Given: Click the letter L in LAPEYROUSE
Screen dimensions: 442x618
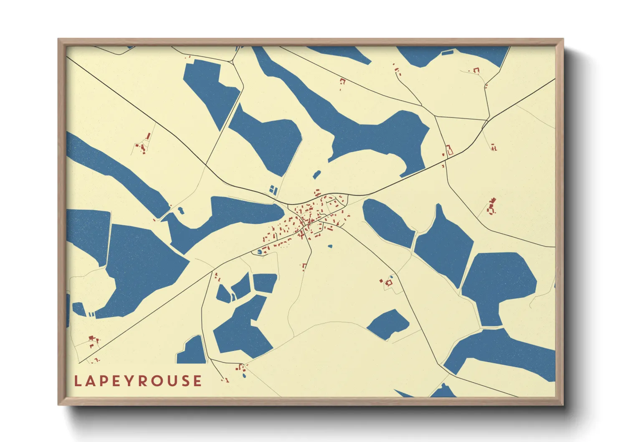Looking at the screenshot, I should [78, 381].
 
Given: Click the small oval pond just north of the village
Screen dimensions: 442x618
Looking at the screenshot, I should [317, 174].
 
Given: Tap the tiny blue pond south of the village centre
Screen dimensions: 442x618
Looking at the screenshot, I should [330, 246].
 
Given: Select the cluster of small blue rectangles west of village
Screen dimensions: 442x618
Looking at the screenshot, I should [273, 190].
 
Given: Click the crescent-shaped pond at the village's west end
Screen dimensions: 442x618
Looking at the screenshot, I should [259, 251].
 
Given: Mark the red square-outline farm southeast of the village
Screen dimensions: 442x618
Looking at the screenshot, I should [389, 283].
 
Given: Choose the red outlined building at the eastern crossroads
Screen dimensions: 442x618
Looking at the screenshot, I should [450, 150].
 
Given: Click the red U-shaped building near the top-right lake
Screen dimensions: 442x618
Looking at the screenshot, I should [476, 70].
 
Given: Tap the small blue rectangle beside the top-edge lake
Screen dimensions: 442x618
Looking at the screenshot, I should [447, 53].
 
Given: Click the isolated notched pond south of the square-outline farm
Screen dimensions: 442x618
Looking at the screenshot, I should [388, 324].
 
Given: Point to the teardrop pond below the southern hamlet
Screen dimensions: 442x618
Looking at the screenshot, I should [244, 375].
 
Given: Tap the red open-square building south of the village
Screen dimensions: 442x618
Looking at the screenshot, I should [304, 266].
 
